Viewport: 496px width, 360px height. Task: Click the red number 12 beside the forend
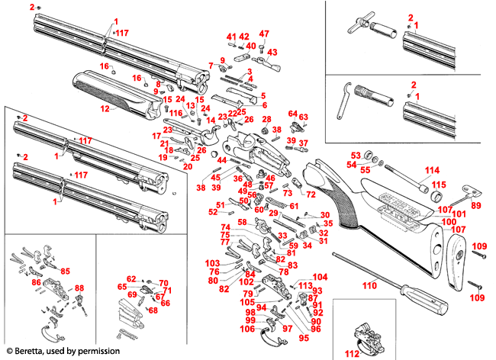(x=105, y=108)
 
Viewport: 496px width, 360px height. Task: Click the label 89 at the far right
(x=476, y=206)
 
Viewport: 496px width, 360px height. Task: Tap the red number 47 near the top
(x=264, y=34)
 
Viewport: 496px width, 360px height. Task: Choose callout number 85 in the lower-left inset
(x=66, y=271)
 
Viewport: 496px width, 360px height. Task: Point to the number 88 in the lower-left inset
(x=79, y=288)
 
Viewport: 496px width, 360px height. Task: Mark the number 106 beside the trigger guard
(x=248, y=329)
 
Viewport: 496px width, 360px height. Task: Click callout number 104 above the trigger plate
(x=320, y=277)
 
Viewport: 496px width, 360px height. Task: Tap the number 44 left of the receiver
(x=222, y=160)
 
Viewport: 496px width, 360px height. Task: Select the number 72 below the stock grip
(x=311, y=194)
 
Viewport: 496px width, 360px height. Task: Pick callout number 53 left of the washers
(x=355, y=155)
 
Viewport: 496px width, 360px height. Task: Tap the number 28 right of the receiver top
(x=267, y=120)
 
